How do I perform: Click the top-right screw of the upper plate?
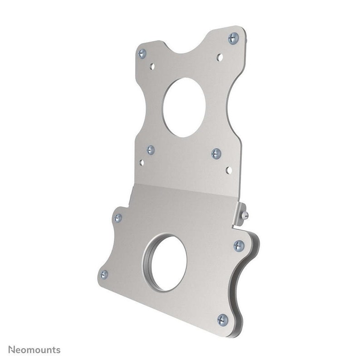[x=233, y=39]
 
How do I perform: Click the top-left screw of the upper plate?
[x=142, y=54]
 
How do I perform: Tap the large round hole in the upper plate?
[x=184, y=107]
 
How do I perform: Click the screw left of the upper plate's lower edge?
[x=151, y=150]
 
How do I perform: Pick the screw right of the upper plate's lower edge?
[x=216, y=154]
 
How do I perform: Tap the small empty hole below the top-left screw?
[x=152, y=66]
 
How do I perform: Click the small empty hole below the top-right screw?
[x=220, y=58]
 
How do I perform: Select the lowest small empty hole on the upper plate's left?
[x=142, y=162]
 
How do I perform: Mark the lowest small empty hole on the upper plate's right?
[x=229, y=170]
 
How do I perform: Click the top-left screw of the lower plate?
[x=118, y=218]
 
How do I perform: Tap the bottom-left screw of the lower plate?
[x=104, y=274]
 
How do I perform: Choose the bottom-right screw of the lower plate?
[x=222, y=320]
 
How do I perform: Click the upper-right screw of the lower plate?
[x=239, y=246]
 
